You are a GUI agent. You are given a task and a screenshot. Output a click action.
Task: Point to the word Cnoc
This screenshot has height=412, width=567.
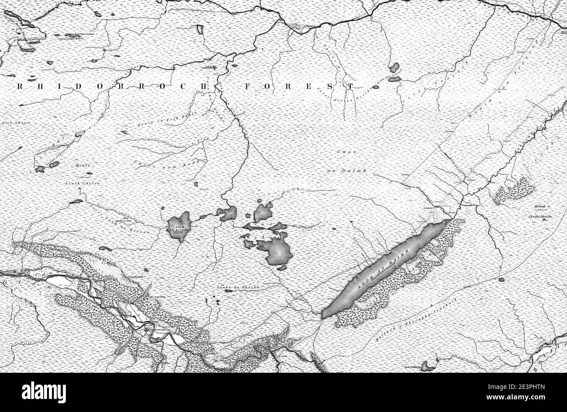tap(347, 152)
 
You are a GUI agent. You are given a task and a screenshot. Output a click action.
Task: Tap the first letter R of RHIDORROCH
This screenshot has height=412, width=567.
tap(20, 87)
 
